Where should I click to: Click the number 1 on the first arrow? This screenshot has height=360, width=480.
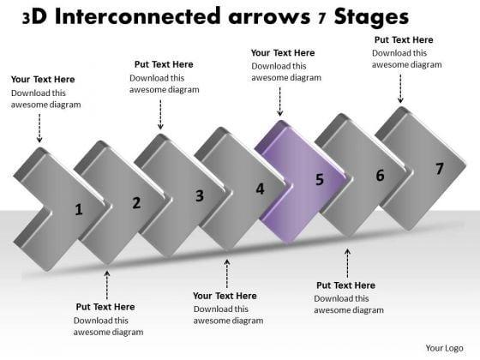coord(79,209)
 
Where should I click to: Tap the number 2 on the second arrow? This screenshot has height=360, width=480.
coord(136,203)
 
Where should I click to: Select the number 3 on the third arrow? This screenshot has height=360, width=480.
coord(200,195)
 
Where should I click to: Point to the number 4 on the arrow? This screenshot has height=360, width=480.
coord(260,189)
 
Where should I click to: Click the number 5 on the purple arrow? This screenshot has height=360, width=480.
coord(320,179)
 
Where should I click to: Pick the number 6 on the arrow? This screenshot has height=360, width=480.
coord(380,176)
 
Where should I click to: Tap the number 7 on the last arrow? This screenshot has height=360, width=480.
coord(440,169)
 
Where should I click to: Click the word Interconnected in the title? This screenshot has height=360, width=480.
coord(137,16)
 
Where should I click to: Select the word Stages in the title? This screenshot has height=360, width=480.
coord(371,18)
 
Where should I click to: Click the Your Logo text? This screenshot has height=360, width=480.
coord(444,348)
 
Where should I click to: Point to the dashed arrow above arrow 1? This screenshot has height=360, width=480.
coord(39,128)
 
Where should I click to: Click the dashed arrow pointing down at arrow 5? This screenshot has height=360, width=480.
coord(279,102)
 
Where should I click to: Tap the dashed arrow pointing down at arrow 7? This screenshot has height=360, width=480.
coord(400,88)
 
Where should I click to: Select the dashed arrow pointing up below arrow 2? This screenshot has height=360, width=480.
coord(107,285)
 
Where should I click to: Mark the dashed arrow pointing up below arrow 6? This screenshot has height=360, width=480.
coord(347,263)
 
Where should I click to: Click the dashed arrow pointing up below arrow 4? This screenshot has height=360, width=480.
coord(227,273)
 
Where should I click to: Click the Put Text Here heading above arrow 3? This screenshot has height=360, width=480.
coord(164,64)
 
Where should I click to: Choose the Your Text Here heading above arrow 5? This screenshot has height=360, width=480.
coord(283,52)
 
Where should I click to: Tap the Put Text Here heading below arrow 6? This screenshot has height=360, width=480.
coord(345,285)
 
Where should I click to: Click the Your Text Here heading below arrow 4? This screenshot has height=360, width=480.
coord(225,296)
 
